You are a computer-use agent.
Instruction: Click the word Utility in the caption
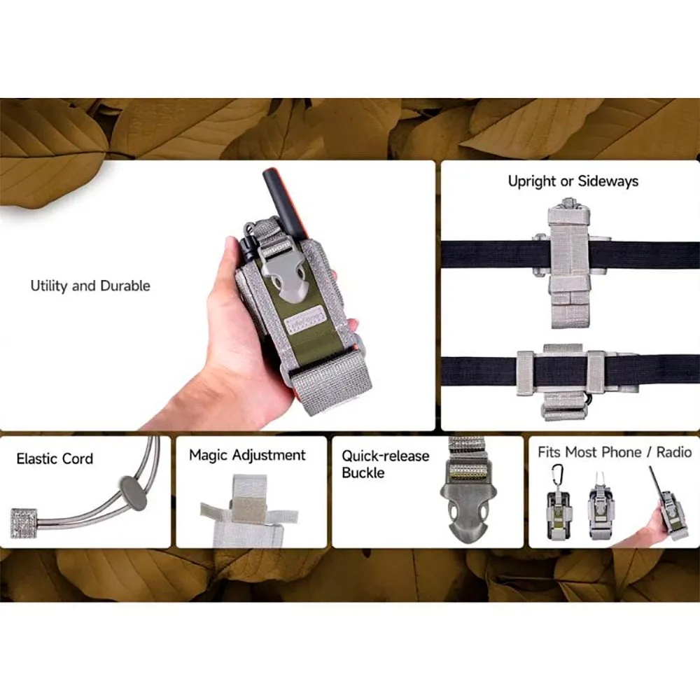[x=49, y=286]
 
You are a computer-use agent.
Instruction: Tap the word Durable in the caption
[x=125, y=286]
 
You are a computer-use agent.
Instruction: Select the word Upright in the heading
[x=532, y=181]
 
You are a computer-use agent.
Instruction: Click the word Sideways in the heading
[x=608, y=181]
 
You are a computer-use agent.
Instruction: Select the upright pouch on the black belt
[x=569, y=263]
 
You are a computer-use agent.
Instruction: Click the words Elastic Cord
[x=55, y=458]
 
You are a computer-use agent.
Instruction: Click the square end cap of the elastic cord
[x=24, y=523]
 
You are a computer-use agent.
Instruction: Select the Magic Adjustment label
[x=247, y=455]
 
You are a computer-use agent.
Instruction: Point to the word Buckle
[x=363, y=472]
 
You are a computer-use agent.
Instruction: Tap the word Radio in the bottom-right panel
[x=673, y=452]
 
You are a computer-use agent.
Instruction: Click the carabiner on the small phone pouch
[x=558, y=476]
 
